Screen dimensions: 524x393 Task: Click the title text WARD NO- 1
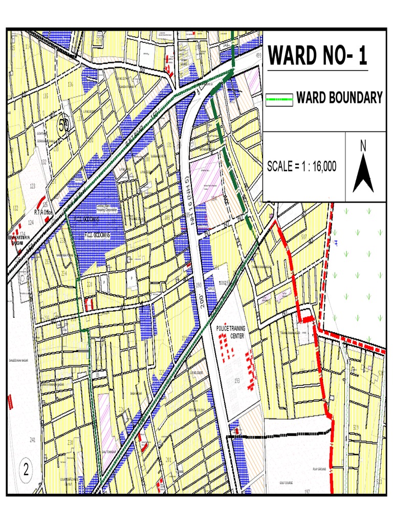point(318,56)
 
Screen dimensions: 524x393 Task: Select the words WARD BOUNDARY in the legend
point(339,98)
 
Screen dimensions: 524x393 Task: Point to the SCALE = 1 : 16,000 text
point(302,166)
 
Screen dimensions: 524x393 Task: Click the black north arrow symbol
point(363,173)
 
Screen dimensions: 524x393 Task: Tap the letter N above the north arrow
point(363,146)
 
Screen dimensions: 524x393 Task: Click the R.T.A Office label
point(43,212)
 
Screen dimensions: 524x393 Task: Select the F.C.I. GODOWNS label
point(105,234)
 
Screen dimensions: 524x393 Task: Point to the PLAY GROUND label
point(319,469)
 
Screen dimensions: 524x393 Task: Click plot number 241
point(33,440)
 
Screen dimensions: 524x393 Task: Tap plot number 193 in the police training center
point(237,380)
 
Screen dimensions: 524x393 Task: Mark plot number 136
point(70,84)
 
